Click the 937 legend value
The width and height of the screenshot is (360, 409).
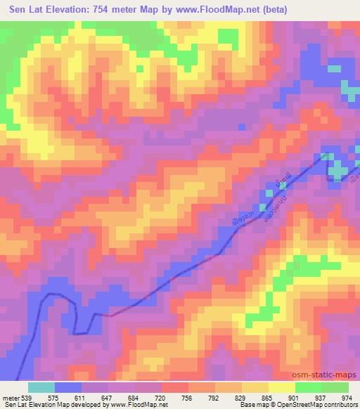(x=322, y=398)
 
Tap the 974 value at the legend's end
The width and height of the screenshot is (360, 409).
(x=348, y=398)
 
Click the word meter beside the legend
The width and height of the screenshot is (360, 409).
(x=12, y=398)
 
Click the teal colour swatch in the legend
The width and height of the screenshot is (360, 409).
(x=41, y=387)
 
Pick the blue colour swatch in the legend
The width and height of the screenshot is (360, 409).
(x=68, y=387)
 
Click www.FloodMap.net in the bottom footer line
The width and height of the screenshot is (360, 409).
(x=136, y=405)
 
